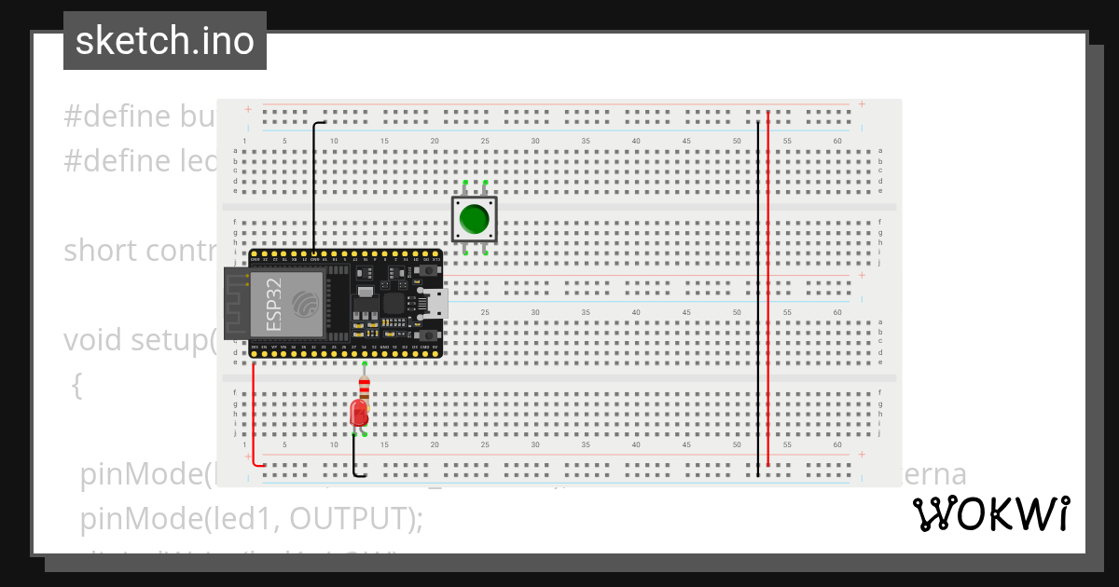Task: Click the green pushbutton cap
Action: tap(475, 219)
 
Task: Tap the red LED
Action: tap(359, 414)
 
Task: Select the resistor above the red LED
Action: tap(364, 387)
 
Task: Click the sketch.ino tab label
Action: tap(165, 41)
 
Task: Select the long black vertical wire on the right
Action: tap(757, 298)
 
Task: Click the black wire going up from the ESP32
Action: tap(313, 186)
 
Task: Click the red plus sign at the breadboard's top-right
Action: tap(862, 104)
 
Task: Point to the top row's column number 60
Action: tap(837, 141)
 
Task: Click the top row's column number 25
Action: tap(485, 141)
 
